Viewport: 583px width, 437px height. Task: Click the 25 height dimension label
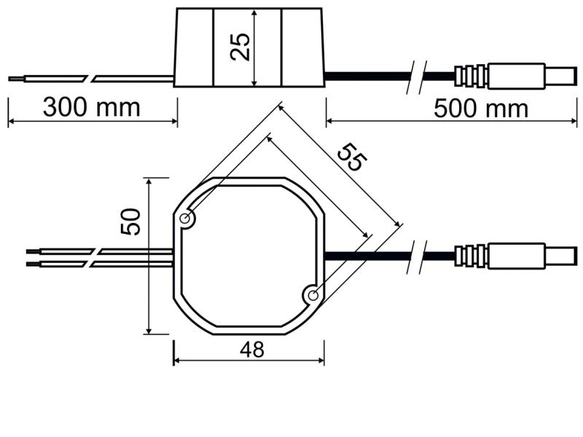240,47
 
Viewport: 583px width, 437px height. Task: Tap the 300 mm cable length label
92,107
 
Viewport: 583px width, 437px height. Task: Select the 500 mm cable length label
481,109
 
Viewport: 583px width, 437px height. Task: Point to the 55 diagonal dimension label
352,157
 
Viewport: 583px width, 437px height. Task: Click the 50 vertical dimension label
130,221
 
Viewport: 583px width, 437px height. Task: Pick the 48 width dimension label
252,350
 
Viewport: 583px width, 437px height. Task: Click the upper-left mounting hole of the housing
184,219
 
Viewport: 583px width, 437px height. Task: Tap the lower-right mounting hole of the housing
313,296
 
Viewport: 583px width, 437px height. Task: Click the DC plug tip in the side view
561,76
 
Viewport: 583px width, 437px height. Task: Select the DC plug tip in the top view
561,256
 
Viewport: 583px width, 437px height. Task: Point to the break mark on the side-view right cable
416,77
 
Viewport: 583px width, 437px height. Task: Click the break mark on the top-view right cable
416,257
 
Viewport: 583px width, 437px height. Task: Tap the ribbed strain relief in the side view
470,76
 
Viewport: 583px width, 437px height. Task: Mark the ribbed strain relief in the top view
470,256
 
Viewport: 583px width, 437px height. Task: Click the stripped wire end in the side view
16,79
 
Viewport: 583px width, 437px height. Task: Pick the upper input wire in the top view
100,251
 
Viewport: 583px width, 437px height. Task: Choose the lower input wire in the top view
100,264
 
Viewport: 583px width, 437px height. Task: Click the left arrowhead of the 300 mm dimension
11,121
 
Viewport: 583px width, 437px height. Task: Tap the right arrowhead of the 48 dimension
321,360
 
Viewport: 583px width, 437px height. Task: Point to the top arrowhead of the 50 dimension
149,181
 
